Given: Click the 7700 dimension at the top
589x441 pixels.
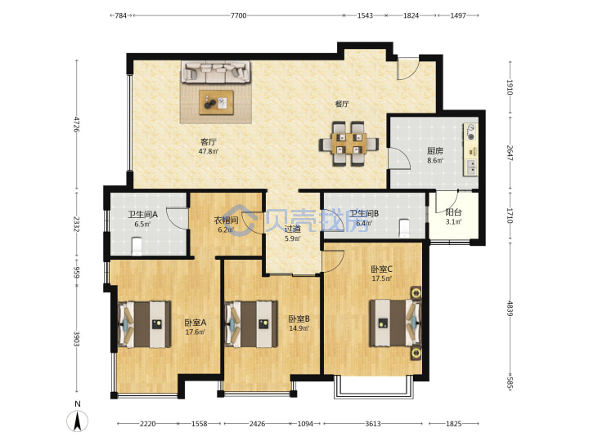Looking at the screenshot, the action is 239,16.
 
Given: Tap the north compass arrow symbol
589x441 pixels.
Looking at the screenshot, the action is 78,421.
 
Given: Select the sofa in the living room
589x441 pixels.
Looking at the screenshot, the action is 216,72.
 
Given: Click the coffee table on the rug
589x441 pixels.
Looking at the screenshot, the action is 216,102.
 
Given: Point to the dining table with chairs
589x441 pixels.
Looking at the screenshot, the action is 349,144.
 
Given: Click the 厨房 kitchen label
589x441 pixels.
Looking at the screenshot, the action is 435,151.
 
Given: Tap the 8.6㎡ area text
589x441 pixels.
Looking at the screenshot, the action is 435,161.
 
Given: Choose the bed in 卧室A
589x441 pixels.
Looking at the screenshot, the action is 145,324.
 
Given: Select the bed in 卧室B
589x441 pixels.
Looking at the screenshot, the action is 251,324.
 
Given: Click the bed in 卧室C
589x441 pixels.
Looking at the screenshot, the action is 395,323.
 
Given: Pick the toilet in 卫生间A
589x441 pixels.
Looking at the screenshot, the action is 137,245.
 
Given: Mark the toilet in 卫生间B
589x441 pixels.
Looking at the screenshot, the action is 404,228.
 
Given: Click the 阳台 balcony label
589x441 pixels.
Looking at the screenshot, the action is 453,212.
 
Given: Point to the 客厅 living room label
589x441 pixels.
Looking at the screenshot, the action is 209,142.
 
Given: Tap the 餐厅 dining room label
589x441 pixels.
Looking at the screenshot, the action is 342,104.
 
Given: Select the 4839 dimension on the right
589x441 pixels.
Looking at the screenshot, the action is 510,308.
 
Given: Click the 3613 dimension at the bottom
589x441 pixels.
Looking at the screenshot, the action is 373,424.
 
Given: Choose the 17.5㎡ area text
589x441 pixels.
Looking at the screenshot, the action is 382,278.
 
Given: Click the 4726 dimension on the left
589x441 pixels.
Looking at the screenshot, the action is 77,124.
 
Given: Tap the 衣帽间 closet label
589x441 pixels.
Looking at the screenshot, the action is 226,220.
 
